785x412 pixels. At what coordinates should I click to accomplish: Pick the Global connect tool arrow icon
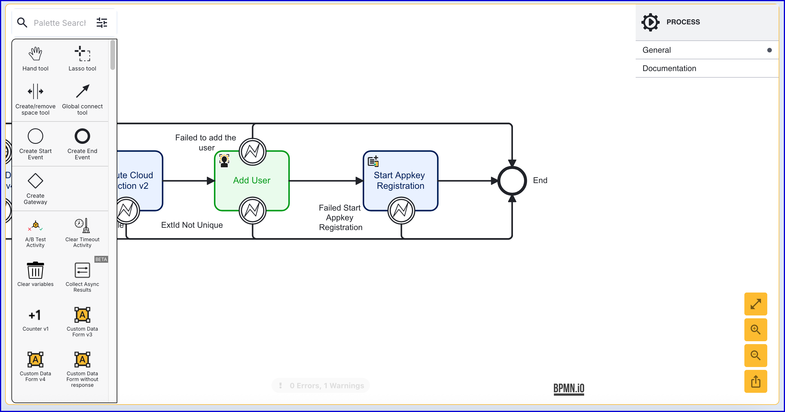click(82, 91)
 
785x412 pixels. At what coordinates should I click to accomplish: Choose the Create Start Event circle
click(35, 136)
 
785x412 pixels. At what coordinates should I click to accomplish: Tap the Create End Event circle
click(82, 136)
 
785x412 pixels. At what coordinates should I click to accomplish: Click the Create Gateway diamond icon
click(35, 181)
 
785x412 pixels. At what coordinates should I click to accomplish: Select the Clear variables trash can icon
click(35, 270)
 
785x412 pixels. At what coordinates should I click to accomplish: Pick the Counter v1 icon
click(35, 315)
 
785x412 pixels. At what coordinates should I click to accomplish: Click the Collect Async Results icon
click(82, 270)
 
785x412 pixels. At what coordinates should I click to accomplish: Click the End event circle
click(512, 181)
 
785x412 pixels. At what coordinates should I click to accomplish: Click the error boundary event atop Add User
click(253, 152)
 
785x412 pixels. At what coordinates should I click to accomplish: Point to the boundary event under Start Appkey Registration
click(401, 211)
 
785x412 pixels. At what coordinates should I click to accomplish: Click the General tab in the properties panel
click(657, 50)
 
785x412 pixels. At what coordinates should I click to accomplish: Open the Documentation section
click(669, 68)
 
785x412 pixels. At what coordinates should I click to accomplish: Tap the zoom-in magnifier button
click(756, 329)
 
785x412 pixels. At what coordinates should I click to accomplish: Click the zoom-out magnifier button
click(756, 356)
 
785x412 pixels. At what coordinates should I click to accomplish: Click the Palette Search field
click(60, 23)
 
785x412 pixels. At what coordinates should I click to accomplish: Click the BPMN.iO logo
click(569, 388)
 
